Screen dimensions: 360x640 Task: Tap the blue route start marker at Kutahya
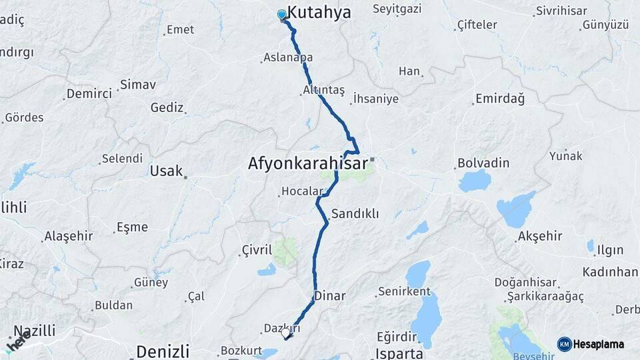[x=281, y=15]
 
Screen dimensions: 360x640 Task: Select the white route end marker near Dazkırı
[x=285, y=332]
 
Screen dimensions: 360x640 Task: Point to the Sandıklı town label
[x=355, y=214]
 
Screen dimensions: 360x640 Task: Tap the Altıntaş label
[x=323, y=89]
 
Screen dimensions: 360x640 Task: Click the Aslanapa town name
[x=288, y=58]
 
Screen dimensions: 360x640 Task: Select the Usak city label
[x=166, y=171]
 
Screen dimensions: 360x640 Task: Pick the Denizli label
[x=163, y=351]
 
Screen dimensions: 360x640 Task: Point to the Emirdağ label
[x=499, y=99]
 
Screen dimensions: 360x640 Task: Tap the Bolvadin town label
[x=483, y=163]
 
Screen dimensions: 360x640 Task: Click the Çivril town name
[x=257, y=251]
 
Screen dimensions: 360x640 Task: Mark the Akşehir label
[x=539, y=237]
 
